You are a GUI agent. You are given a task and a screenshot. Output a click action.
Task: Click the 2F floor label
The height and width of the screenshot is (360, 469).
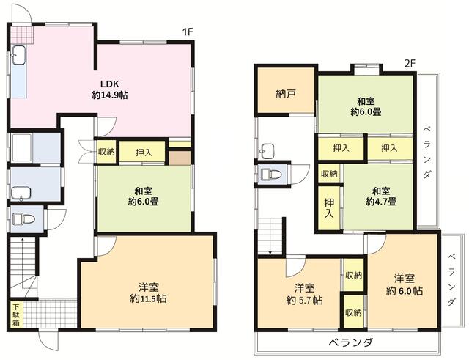click(410, 62)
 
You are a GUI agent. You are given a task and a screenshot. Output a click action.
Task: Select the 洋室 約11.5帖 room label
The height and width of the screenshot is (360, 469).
click(148, 292)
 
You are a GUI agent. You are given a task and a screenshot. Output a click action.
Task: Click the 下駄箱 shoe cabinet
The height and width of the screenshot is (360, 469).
click(15, 315)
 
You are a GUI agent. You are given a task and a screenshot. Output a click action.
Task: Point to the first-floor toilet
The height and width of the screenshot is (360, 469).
click(22, 218)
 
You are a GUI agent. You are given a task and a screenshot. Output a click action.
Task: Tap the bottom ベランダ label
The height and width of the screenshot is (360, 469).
click(351, 343)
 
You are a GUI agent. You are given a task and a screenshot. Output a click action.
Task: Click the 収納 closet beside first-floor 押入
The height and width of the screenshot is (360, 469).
click(106, 153)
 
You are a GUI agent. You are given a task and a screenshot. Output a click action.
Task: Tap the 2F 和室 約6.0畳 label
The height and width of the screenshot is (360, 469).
click(366, 106)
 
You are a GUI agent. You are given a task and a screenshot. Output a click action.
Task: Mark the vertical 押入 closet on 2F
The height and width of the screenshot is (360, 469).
click(329, 207)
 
